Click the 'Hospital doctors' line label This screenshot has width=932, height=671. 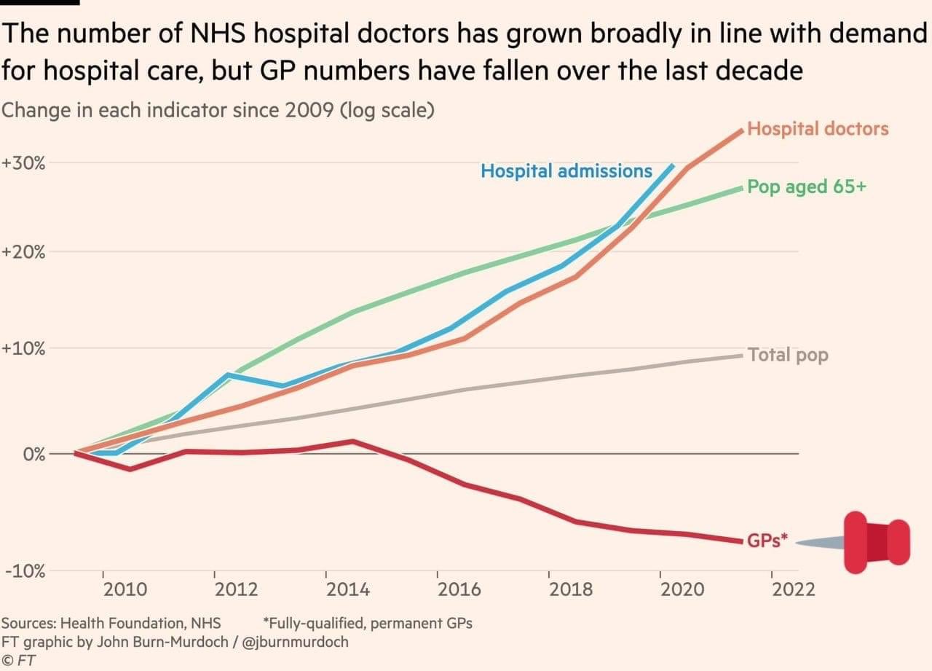tap(818, 129)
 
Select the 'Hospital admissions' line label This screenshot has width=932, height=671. tap(566, 171)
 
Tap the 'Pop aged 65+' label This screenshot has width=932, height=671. tap(807, 187)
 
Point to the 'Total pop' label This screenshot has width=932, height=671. tap(788, 356)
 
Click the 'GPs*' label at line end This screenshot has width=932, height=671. tap(767, 541)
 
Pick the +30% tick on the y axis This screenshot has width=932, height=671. tap(24, 162)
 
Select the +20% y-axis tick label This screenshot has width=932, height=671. tap(24, 252)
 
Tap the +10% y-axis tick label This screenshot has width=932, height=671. tap(24, 348)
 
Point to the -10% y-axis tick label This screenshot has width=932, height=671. tap(24, 571)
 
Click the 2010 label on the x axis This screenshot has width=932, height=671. tap(125, 589)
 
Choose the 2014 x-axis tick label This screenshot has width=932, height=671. tap(348, 589)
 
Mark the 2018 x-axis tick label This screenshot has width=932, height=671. tap(572, 589)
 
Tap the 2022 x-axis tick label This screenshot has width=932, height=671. tap(794, 589)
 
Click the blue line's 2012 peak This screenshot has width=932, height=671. tap(229, 374)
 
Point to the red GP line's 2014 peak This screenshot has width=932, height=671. tap(352, 441)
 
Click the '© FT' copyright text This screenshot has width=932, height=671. tap(19, 660)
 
